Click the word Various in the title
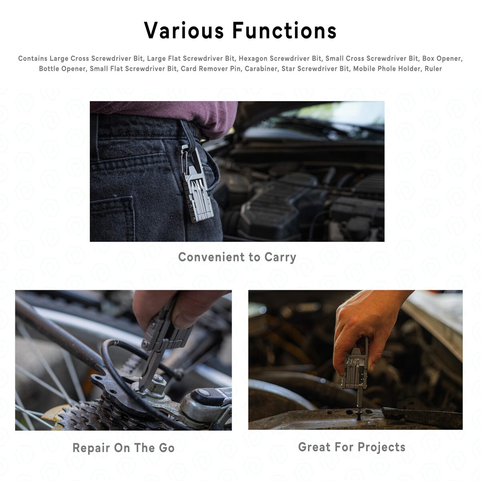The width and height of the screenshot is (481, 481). coord(184,30)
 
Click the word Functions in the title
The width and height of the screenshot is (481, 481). coord(285,30)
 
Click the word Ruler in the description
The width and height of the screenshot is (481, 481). coord(433,69)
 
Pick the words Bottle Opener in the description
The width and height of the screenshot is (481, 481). coord(62,69)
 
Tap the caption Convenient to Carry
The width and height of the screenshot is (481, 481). coord(237,257)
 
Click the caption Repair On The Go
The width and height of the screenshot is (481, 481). coord(123,448)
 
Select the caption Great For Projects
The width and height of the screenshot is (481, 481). coord(352,447)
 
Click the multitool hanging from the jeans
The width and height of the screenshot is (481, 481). coord(197,185)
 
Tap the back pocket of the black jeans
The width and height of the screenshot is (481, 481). coord(112,218)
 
